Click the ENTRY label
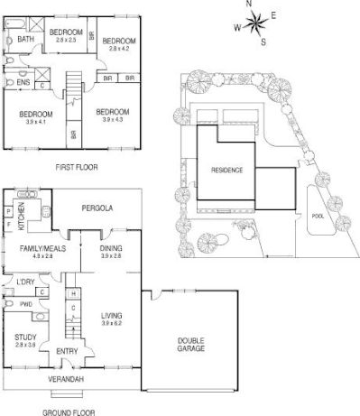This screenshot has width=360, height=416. coord(67,351)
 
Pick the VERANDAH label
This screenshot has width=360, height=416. coord(66,379)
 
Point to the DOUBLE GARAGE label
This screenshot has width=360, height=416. coord(190,344)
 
